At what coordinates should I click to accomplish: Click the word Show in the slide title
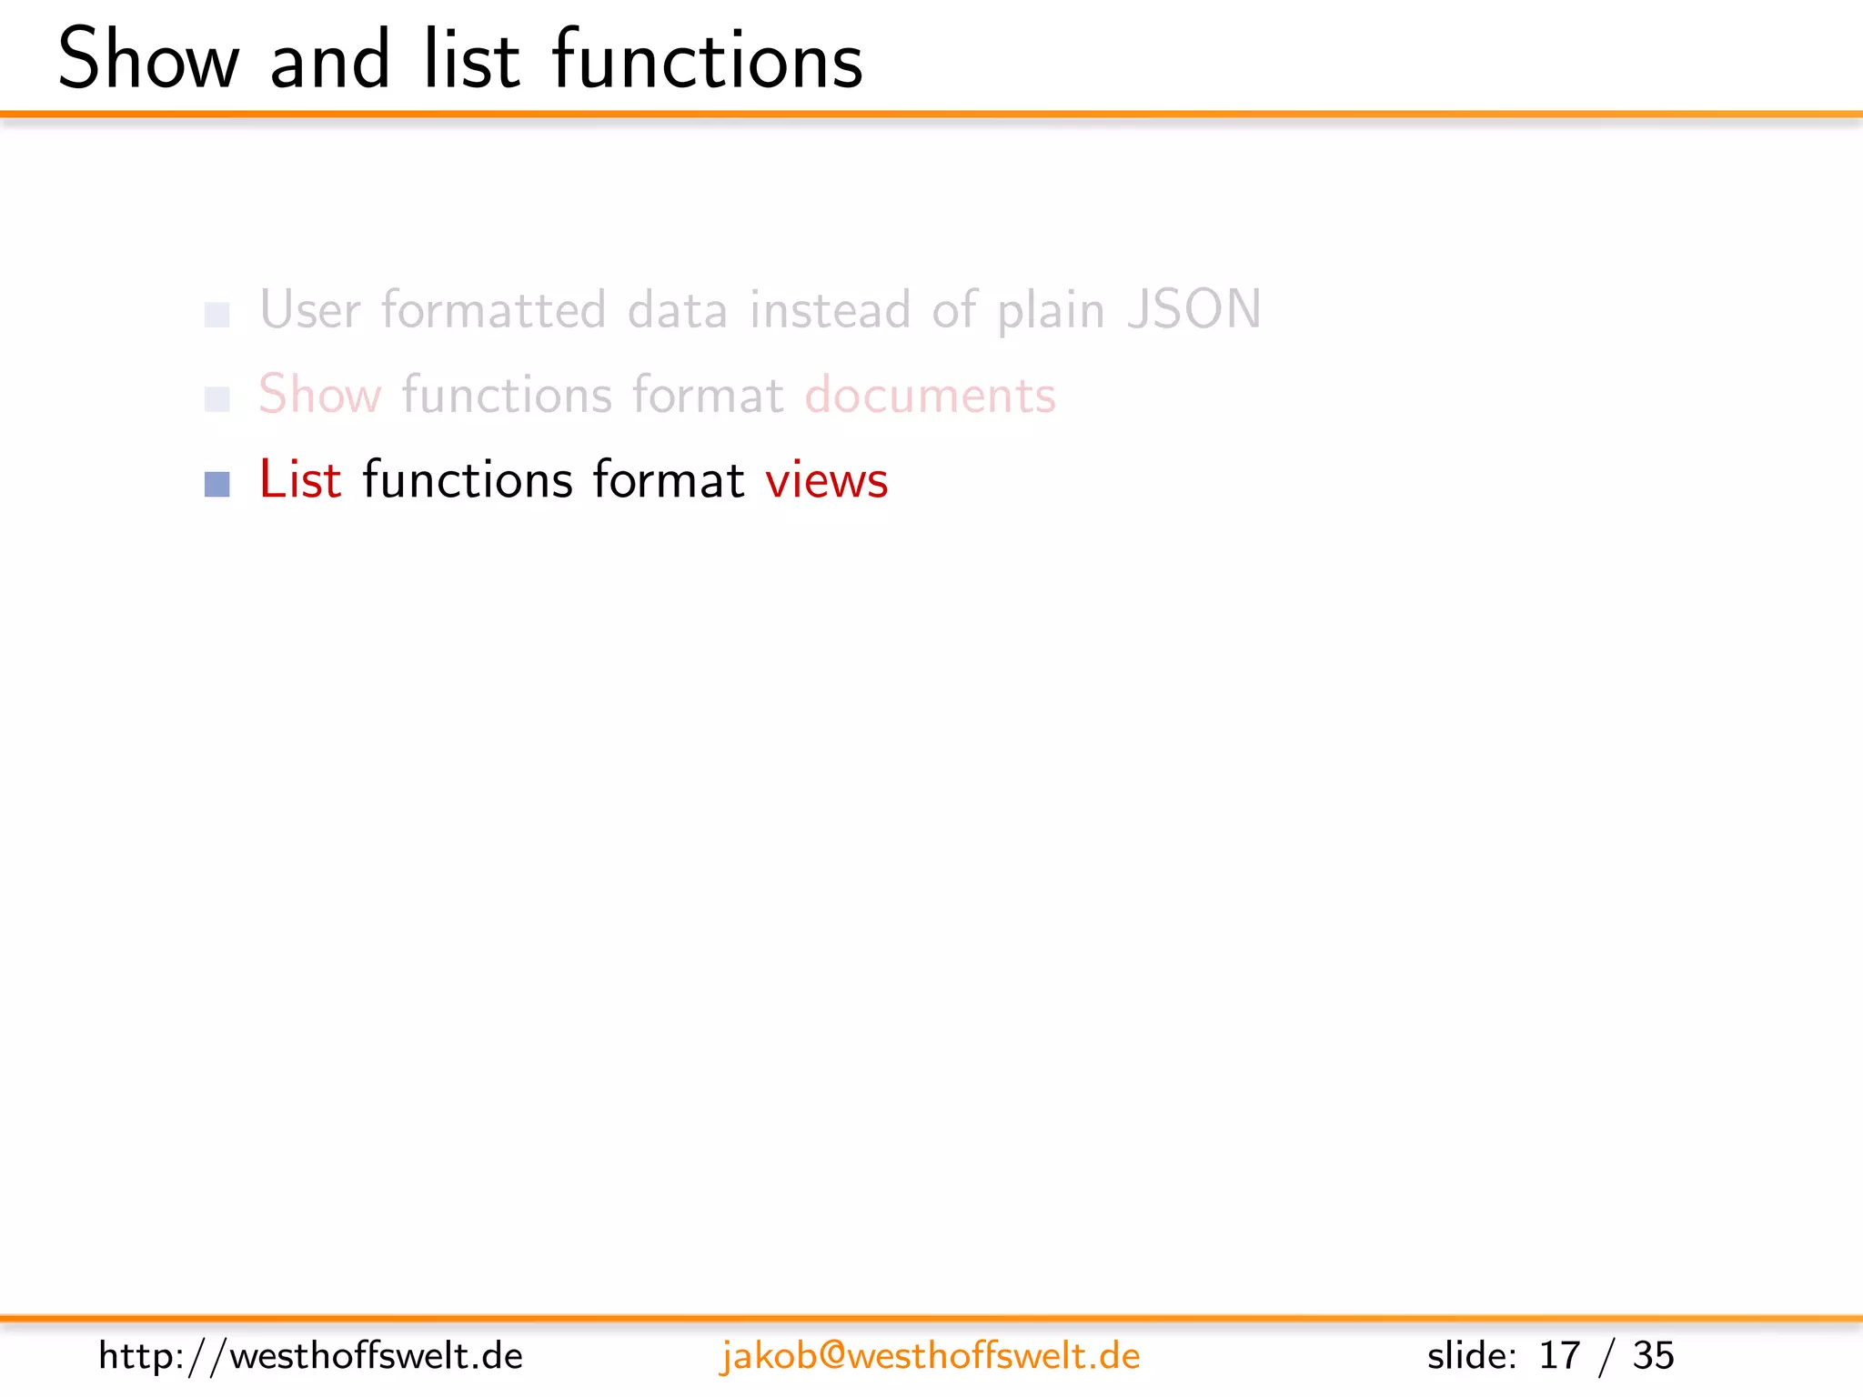pyautogui.click(x=148, y=60)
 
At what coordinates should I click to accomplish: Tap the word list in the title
pyautogui.click(x=471, y=60)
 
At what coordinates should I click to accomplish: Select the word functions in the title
pyautogui.click(x=707, y=60)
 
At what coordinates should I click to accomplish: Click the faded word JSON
pyautogui.click(x=1193, y=310)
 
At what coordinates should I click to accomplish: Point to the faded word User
pyautogui.click(x=309, y=310)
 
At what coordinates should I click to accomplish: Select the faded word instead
pyautogui.click(x=830, y=310)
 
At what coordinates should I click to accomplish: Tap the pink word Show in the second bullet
pyautogui.click(x=319, y=396)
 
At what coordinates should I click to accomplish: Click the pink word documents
pyautogui.click(x=930, y=396)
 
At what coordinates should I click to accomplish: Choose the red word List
pyautogui.click(x=300, y=479)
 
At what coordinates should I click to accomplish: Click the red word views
pyautogui.click(x=826, y=481)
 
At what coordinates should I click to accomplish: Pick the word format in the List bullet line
pyautogui.click(x=669, y=479)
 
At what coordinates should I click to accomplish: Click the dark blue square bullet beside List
pyautogui.click(x=217, y=484)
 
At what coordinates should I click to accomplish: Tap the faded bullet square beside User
pyautogui.click(x=217, y=315)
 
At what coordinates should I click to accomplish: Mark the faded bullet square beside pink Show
pyautogui.click(x=217, y=399)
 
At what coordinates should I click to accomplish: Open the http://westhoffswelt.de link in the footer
pyautogui.click(x=310, y=1356)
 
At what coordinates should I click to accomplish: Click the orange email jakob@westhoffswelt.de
pyautogui.click(x=930, y=1356)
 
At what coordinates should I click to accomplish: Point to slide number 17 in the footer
pyautogui.click(x=1558, y=1356)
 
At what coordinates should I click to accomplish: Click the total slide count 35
pyautogui.click(x=1653, y=1356)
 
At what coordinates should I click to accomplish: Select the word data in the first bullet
pyautogui.click(x=678, y=310)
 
